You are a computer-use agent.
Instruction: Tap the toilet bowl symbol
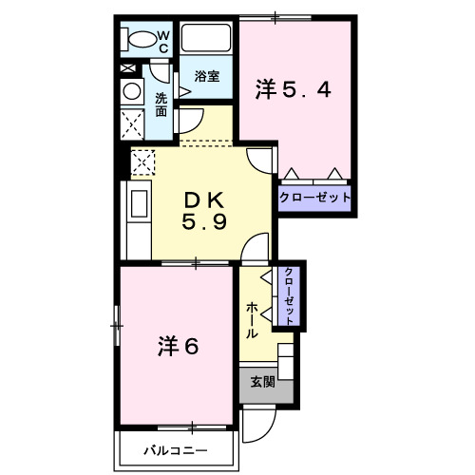tap(140, 41)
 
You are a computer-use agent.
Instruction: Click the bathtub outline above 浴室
tap(206, 40)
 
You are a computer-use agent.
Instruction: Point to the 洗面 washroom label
tap(161, 104)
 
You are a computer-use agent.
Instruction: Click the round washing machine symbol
tap(130, 91)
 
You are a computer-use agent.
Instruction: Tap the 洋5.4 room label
tap(293, 90)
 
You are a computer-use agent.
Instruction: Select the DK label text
tap(203, 199)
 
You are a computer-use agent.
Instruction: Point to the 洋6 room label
tap(177, 346)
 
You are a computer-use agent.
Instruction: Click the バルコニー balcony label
tap(176, 450)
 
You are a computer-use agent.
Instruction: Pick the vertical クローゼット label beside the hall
tap(288, 294)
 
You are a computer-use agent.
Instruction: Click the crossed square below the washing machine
tap(131, 123)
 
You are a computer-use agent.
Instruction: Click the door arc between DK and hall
tap(255, 248)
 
